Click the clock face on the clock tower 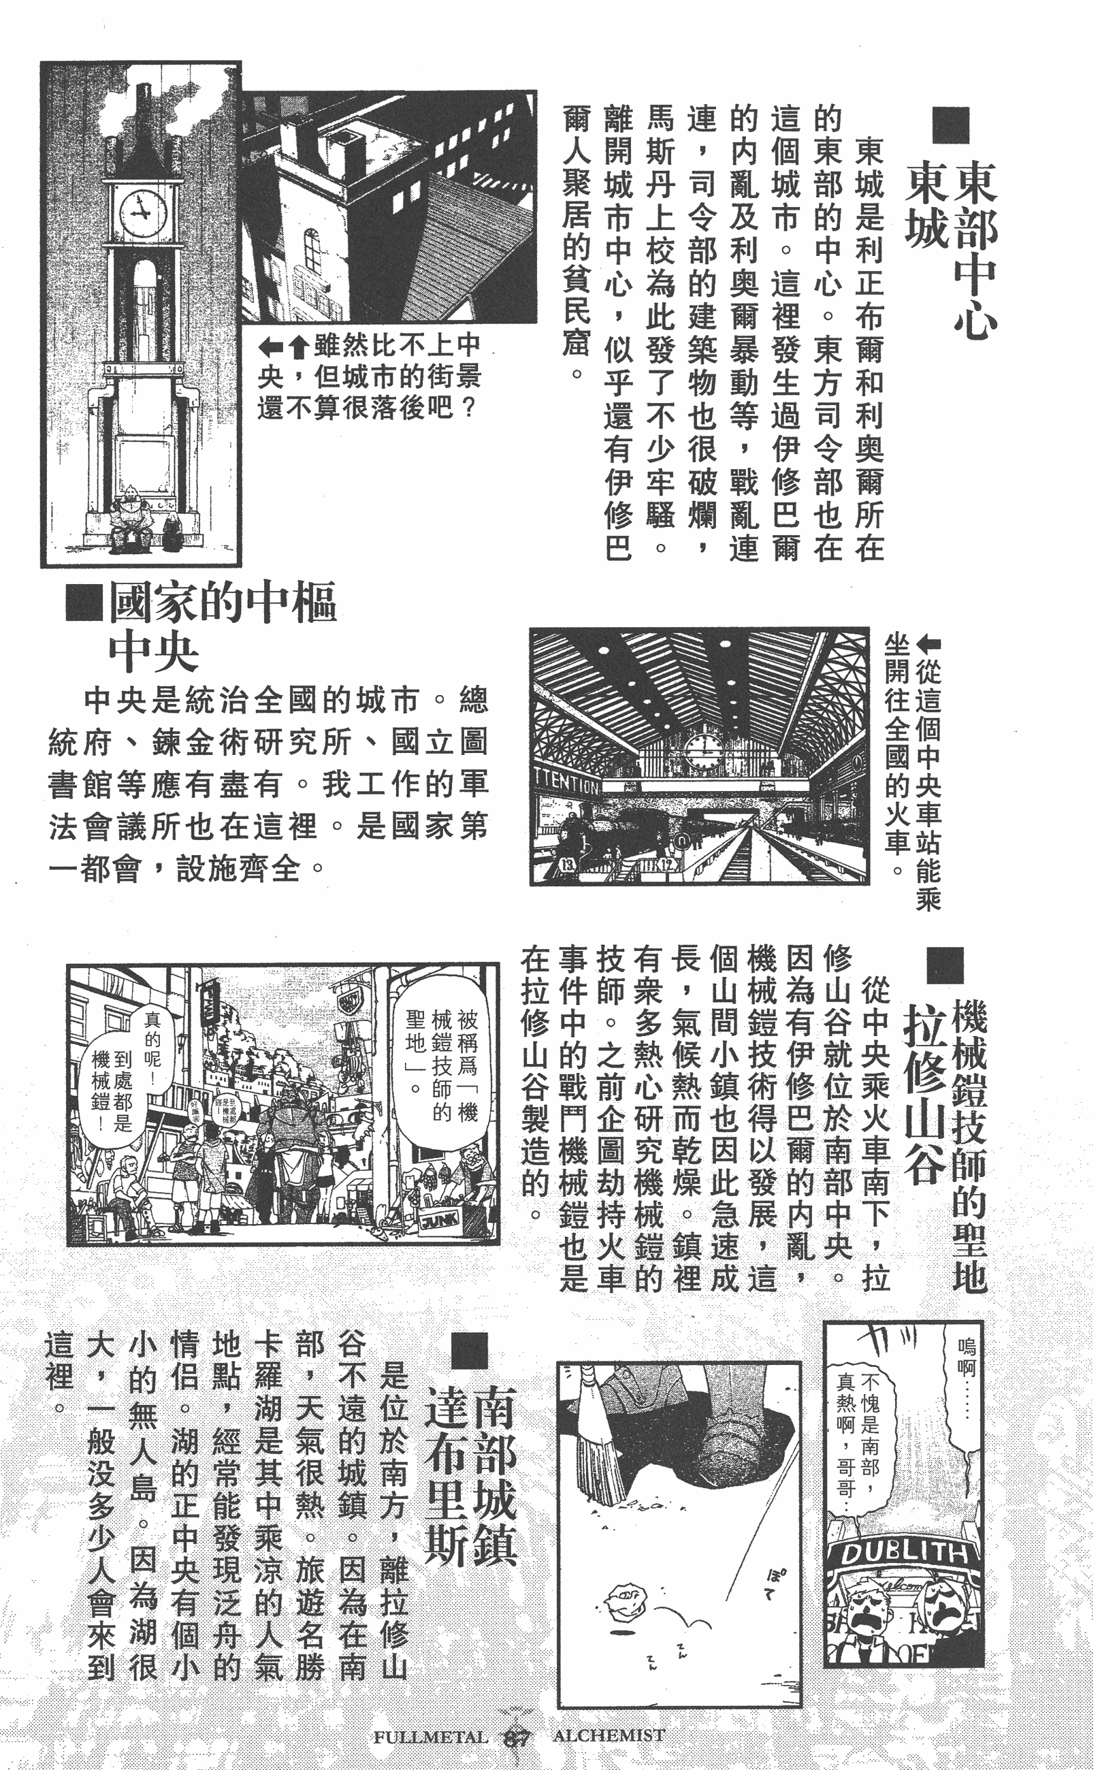pos(142,212)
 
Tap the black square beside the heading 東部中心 pos(951,125)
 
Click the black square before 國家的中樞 pos(83,602)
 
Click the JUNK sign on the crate pos(440,1220)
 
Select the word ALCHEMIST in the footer pos(609,1735)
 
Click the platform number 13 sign pos(568,865)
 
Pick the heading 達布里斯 pos(446,1477)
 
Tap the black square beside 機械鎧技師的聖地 pos(944,965)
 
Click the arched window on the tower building pos(312,248)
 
